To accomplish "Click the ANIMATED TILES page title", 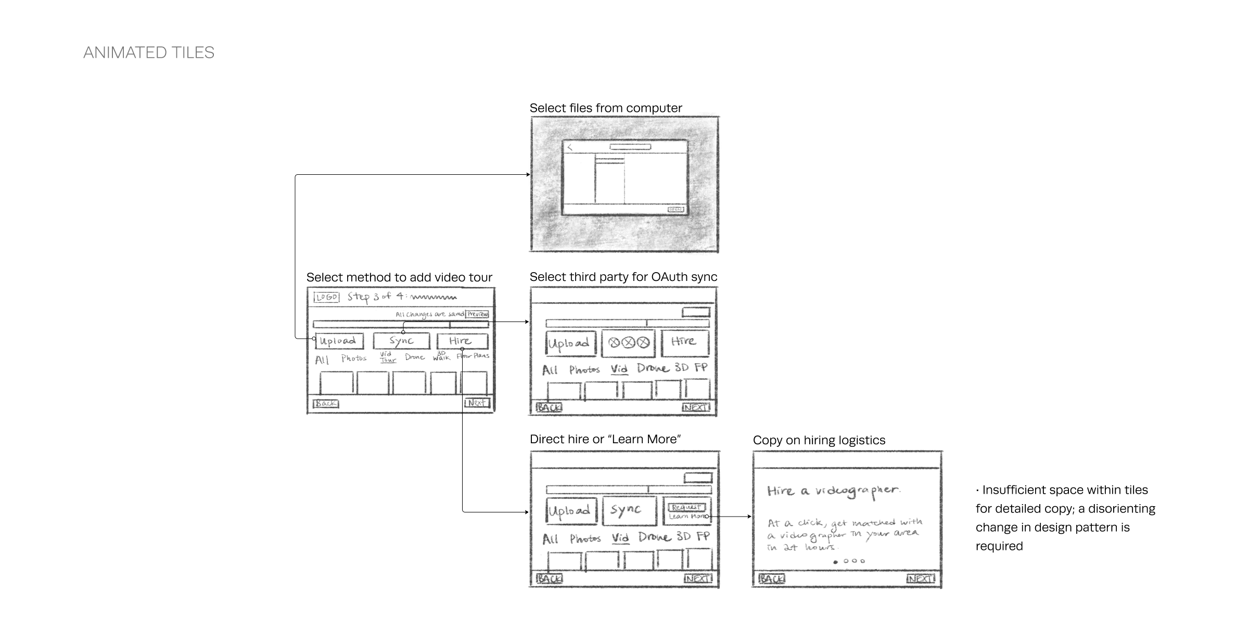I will pyautogui.click(x=149, y=53).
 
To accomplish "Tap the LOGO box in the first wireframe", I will pyautogui.click(x=327, y=297).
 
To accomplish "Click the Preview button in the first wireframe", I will pyautogui.click(x=477, y=314).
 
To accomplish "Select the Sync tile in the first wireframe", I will pyautogui.click(x=401, y=341).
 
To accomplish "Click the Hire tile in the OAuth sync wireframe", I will pyautogui.click(x=685, y=342).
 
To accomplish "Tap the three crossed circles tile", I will pyautogui.click(x=629, y=343).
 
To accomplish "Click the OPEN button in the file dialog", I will pyautogui.click(x=676, y=209).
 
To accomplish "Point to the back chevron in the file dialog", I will pyautogui.click(x=570, y=147).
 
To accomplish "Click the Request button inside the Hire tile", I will pyautogui.click(x=686, y=507).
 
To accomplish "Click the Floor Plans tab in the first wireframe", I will pyautogui.click(x=473, y=356).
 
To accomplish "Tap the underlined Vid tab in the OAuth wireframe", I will pyautogui.click(x=619, y=369).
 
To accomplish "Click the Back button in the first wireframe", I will pyautogui.click(x=326, y=403).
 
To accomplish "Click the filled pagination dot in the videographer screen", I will pyautogui.click(x=836, y=562).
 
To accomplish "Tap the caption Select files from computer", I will pyautogui.click(x=606, y=108).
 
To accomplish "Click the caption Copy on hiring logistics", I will pyautogui.click(x=819, y=440).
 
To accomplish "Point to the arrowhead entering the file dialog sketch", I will pyautogui.click(x=528, y=175).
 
